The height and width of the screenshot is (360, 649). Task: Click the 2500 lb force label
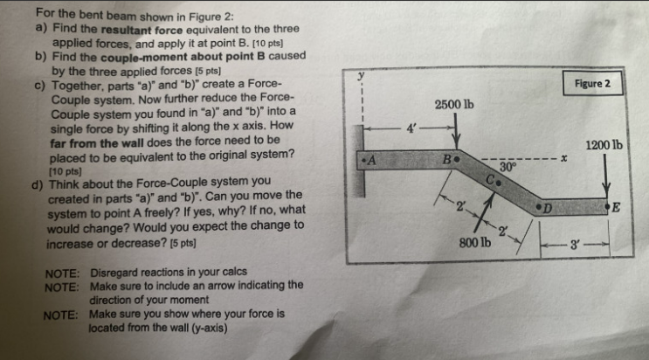(453, 104)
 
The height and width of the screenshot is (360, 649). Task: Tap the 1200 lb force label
(604, 145)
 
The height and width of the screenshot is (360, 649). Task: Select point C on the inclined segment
(494, 183)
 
